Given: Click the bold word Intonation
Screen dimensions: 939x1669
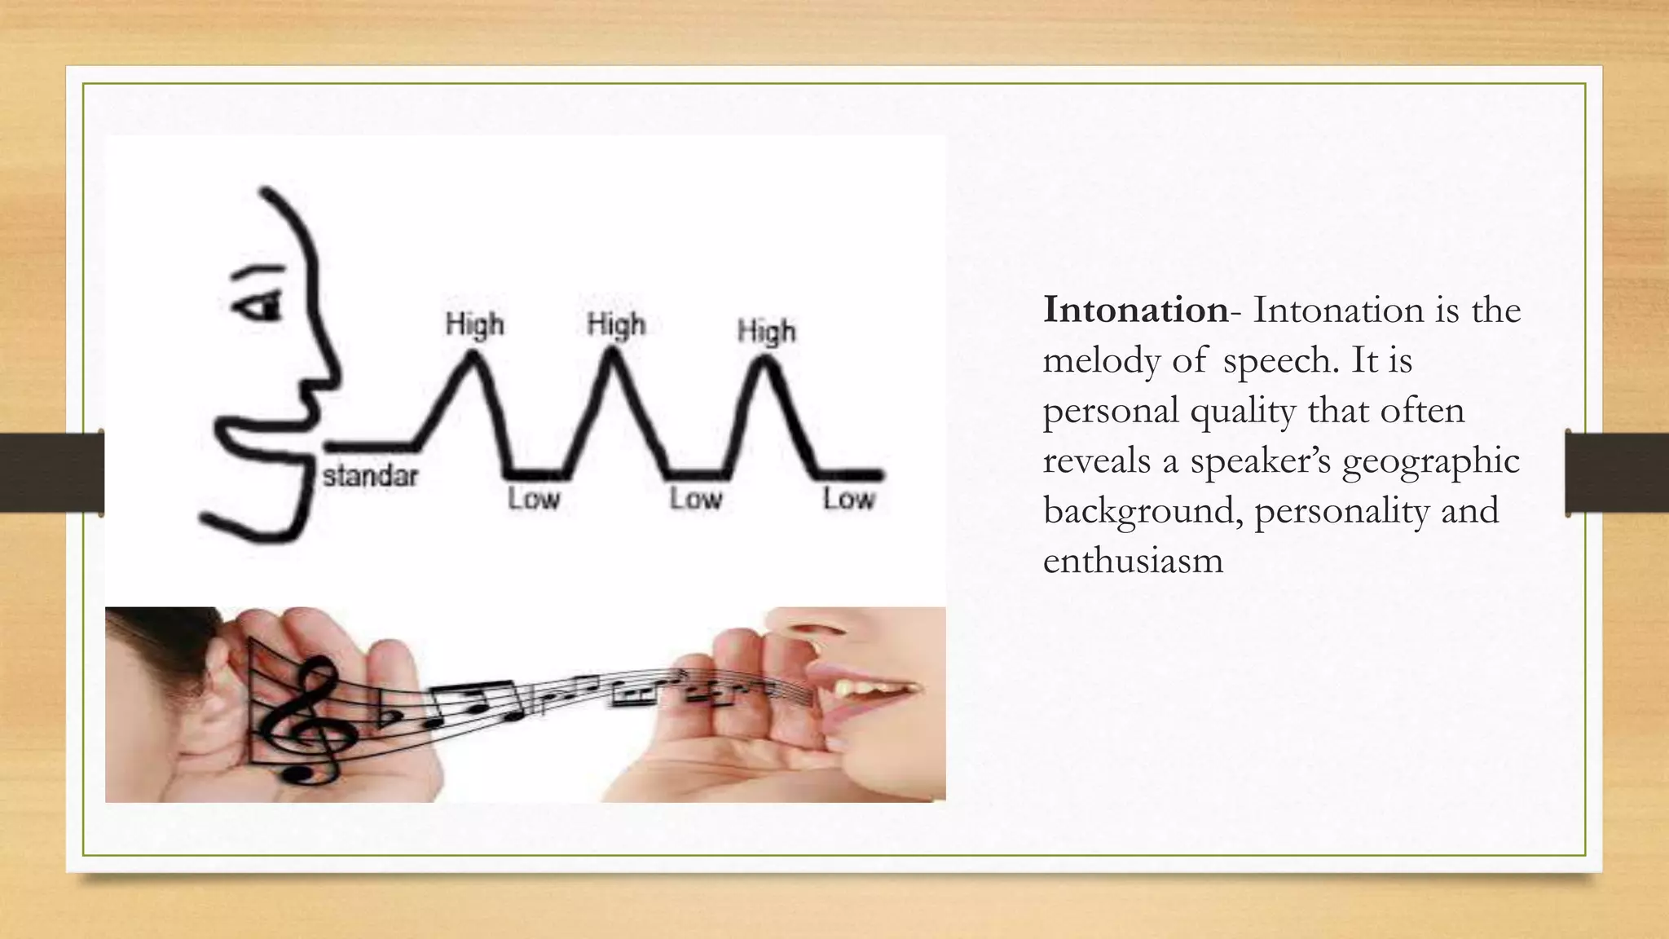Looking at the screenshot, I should tap(1135, 311).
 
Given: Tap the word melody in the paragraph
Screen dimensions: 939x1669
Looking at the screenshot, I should tap(1102, 361).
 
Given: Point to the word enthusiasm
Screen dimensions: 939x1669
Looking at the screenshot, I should tap(1133, 562).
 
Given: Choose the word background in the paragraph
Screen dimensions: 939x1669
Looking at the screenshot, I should tap(1143, 512).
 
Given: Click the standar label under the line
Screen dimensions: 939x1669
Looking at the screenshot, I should tap(371, 476).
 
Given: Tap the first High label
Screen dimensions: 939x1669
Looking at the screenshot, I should tap(475, 325).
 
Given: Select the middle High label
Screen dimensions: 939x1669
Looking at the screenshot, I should tap(616, 325).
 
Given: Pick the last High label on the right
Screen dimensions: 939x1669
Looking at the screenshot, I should tap(766, 332).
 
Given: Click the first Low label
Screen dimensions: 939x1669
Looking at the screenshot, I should tap(534, 499).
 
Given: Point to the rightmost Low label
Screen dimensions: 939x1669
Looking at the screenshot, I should tap(848, 499).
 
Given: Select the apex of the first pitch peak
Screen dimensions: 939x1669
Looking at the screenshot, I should tap(471, 355).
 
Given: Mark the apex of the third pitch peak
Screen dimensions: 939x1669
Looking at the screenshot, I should tap(764, 363).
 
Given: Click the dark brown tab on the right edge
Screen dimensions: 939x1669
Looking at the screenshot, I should tap(1617, 474).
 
